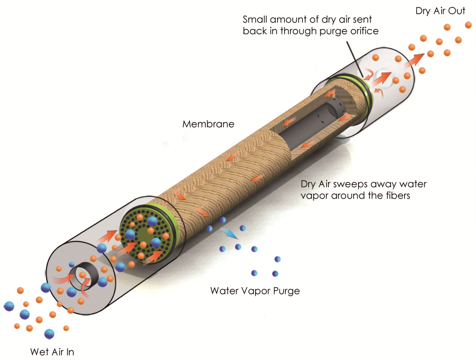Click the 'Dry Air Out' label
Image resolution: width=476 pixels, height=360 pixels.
click(x=440, y=11)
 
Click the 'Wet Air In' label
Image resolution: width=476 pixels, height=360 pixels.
click(x=52, y=352)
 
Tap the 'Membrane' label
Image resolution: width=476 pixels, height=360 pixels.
click(x=208, y=124)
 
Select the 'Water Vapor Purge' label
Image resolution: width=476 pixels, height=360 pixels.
click(x=255, y=291)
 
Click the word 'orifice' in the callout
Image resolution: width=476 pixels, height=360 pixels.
click(x=365, y=31)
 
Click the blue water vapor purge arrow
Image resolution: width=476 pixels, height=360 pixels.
click(x=229, y=233)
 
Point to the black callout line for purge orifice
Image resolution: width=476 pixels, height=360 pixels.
click(x=354, y=59)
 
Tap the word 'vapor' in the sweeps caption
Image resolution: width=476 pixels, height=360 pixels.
click(x=315, y=195)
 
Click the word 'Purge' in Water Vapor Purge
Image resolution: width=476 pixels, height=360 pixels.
click(x=286, y=291)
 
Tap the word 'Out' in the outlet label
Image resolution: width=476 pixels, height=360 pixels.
click(x=457, y=11)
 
